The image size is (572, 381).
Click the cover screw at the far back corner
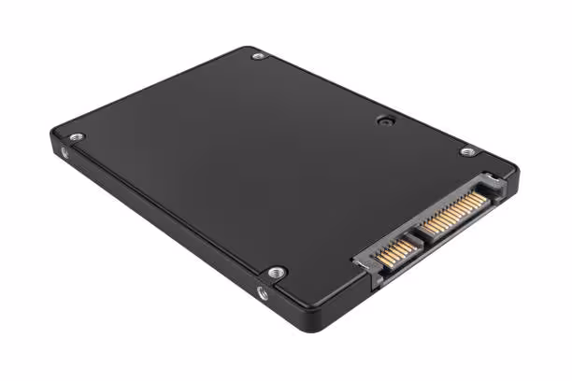tap(259, 56)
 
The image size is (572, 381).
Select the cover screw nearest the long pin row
tap(467, 151)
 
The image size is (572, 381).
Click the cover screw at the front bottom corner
tap(276, 273)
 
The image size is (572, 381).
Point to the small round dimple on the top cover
tap(383, 120)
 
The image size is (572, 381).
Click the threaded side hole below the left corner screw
tap(64, 151)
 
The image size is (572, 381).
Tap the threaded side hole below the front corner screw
tap(263, 292)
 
